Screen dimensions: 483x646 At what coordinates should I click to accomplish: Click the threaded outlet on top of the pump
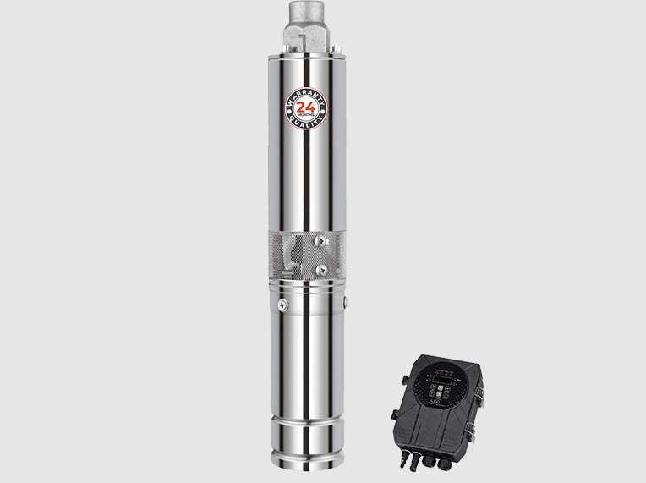304,21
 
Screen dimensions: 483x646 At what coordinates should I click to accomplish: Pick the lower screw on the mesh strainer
321,269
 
